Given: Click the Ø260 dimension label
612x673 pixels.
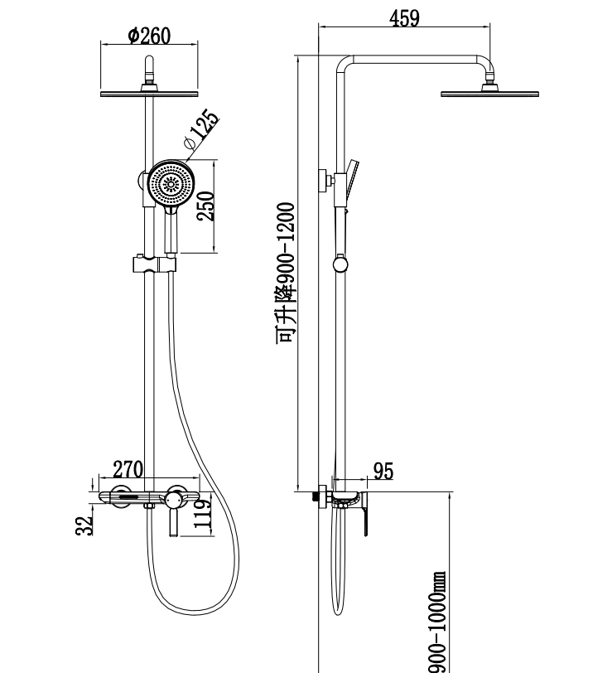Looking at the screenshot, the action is click(149, 36).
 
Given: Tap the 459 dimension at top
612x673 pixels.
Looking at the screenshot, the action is click(404, 18).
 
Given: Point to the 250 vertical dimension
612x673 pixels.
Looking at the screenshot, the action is click(206, 206).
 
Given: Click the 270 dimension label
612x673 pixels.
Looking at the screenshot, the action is click(128, 469).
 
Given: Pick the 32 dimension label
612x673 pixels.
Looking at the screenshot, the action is click(84, 525).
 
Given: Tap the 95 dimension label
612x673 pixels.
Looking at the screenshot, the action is click(383, 471).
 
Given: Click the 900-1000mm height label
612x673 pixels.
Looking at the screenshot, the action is click(437, 622).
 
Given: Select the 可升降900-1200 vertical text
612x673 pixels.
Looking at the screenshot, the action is click(286, 273).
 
